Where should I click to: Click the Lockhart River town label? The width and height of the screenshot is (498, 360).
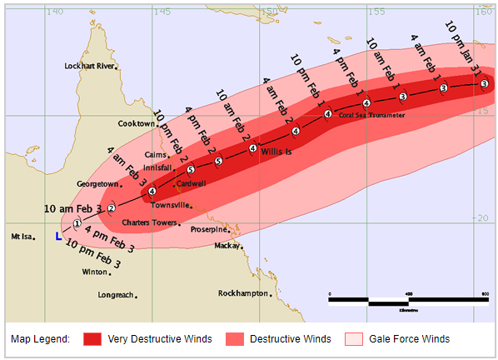click(89, 66)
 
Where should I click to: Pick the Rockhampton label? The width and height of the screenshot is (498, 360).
click(242, 293)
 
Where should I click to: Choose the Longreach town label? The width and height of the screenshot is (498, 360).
click(116, 295)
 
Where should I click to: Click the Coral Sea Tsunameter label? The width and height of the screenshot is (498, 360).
click(371, 115)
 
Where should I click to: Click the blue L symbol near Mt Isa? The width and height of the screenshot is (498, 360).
click(57, 237)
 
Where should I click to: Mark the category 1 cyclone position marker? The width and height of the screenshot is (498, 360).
click(77, 223)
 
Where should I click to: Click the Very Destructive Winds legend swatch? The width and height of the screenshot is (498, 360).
click(92, 339)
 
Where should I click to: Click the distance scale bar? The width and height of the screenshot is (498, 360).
click(407, 300)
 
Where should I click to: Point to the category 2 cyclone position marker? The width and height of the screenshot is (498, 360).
click(111, 207)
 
